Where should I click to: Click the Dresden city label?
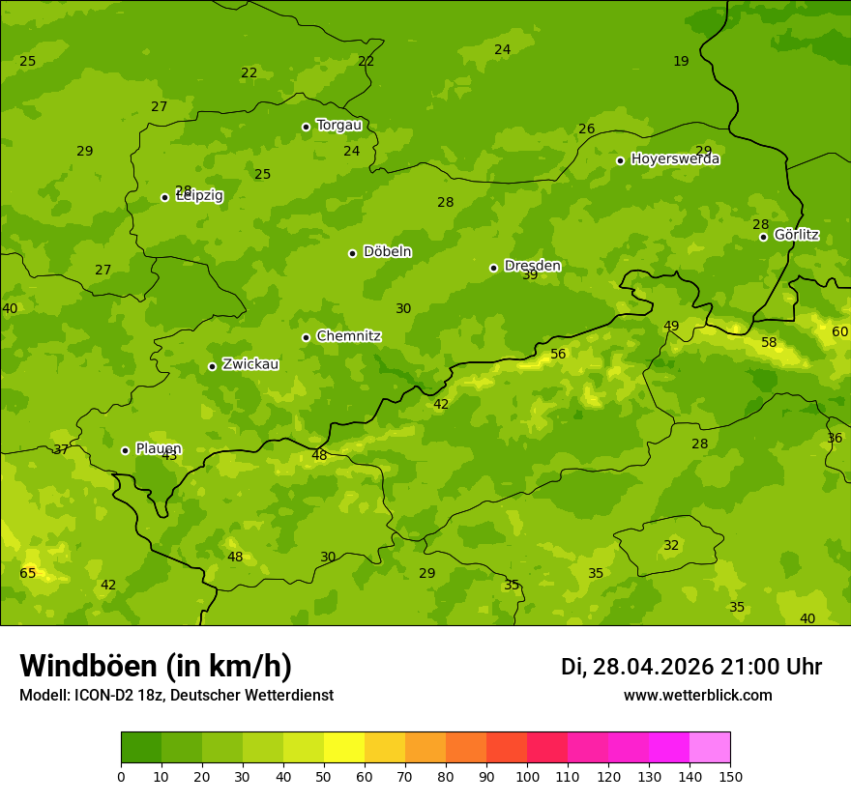click(x=532, y=266)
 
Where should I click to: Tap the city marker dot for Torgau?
click(x=306, y=127)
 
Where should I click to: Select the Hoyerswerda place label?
click(x=675, y=159)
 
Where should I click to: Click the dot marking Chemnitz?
click(x=306, y=337)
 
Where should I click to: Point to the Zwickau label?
click(x=250, y=364)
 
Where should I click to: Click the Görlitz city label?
click(x=796, y=235)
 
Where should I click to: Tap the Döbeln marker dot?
click(x=352, y=253)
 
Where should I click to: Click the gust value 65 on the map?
click(x=28, y=573)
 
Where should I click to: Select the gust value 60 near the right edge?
click(x=839, y=331)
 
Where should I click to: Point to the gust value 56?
click(x=558, y=355)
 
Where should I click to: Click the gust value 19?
click(x=681, y=61)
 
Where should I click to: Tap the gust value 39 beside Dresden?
click(x=530, y=275)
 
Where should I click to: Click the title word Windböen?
click(x=88, y=666)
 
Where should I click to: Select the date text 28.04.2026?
click(x=653, y=667)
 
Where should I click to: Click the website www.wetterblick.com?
click(x=697, y=695)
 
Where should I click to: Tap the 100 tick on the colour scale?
click(x=527, y=775)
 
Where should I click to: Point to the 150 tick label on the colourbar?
click(x=729, y=775)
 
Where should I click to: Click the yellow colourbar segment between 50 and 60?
click(x=344, y=748)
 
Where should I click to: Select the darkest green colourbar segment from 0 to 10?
click(x=141, y=748)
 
